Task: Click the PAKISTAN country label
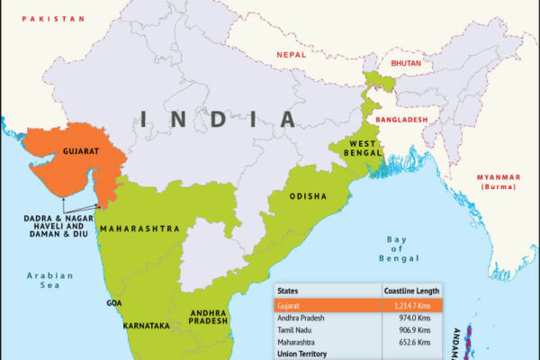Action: (53, 18)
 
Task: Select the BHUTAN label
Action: (407, 64)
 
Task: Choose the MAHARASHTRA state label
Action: (140, 229)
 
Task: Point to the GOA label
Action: (114, 302)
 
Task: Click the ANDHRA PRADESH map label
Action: (208, 318)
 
